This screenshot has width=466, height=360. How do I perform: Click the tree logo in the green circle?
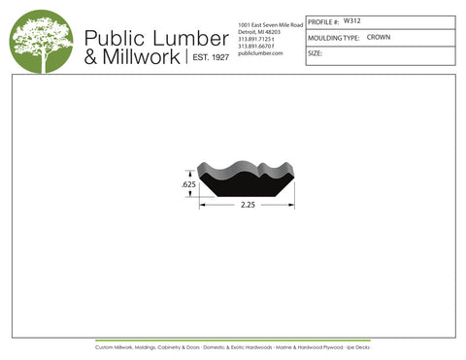[42, 41]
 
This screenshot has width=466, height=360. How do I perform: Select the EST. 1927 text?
[208, 58]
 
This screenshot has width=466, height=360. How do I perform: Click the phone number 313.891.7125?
[256, 38]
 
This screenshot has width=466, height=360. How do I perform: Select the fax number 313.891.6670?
[256, 46]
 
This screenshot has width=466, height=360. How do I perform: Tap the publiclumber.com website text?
[259, 53]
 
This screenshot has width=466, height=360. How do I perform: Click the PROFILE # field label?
[323, 21]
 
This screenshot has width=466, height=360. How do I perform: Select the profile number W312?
[352, 20]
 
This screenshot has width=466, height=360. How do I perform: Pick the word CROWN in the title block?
[379, 37]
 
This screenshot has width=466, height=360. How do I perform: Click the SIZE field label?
[315, 53]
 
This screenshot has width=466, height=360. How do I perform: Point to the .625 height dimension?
[188, 183]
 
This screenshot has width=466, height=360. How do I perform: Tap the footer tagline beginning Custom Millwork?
[233, 346]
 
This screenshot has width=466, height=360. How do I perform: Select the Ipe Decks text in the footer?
[358, 346]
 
